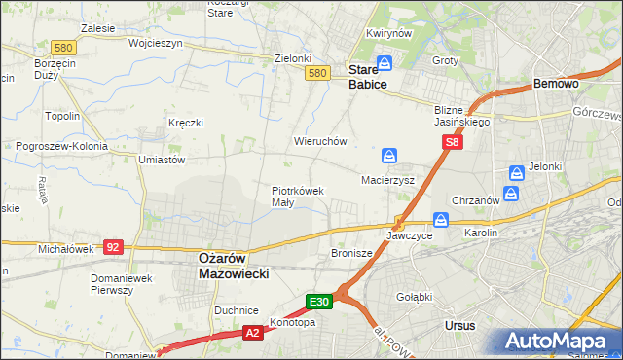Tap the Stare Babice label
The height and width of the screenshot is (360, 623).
coord(368,77)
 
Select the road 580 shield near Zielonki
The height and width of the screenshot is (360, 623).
coord(315,73)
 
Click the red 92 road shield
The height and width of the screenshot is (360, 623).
coord(114,247)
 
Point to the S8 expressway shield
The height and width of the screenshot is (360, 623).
coord(452,142)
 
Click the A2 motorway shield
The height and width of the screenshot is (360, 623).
coord(250,333)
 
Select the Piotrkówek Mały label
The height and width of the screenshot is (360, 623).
coord(297,197)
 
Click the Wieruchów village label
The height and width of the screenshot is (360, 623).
coord(320,141)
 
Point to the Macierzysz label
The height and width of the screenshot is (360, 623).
coord(388,180)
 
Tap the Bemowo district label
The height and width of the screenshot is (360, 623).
coord(557,85)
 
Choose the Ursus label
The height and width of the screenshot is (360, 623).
coord(458,325)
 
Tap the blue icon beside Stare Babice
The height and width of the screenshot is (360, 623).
coord(385,63)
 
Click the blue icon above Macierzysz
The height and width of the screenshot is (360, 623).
coord(389,156)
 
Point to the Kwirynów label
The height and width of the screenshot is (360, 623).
coord(385,33)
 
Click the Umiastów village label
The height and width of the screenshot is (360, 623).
coord(162,160)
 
